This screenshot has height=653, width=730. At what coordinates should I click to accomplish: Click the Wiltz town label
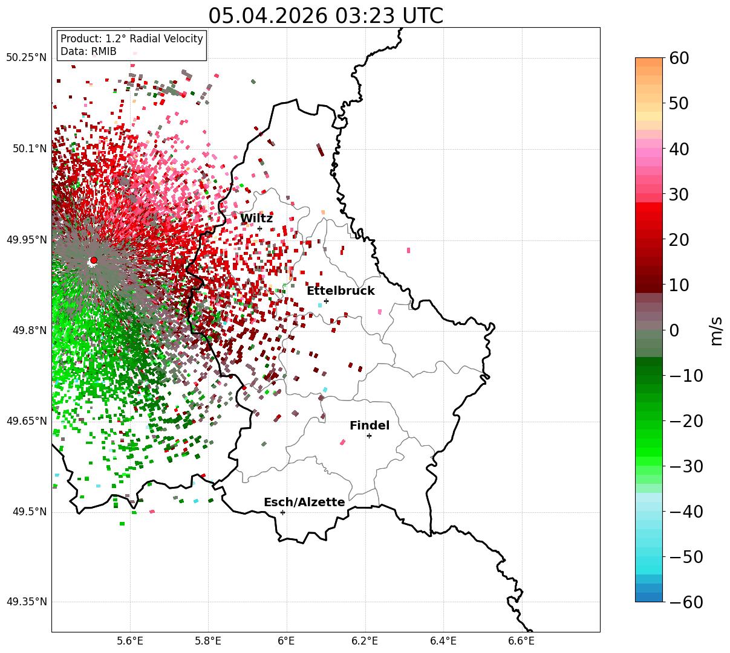point(256,218)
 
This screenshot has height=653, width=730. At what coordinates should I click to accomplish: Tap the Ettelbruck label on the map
point(341,291)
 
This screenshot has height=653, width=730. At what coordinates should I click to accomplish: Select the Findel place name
point(370,425)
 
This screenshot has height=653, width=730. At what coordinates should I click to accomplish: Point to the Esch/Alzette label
point(304,502)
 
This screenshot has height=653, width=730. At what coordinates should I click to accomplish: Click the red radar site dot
point(94,260)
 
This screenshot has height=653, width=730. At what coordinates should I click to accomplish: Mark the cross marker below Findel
point(369,436)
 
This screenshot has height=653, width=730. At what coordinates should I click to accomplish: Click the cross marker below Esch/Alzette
point(282,512)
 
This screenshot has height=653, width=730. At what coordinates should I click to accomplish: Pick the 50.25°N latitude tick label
point(26,57)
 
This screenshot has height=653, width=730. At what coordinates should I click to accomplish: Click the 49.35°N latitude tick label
point(26,602)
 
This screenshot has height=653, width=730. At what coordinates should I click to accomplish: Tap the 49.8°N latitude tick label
point(30,330)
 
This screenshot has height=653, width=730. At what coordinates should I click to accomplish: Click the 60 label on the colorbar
point(679,58)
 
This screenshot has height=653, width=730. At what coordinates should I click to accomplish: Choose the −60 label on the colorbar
point(686,602)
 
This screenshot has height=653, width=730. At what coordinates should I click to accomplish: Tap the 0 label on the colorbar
point(674,330)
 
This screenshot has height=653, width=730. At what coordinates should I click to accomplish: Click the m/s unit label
point(716,331)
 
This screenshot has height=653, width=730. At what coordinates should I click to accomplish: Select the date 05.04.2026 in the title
point(268,16)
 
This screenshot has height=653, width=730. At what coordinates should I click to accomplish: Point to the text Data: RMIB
point(89,51)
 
